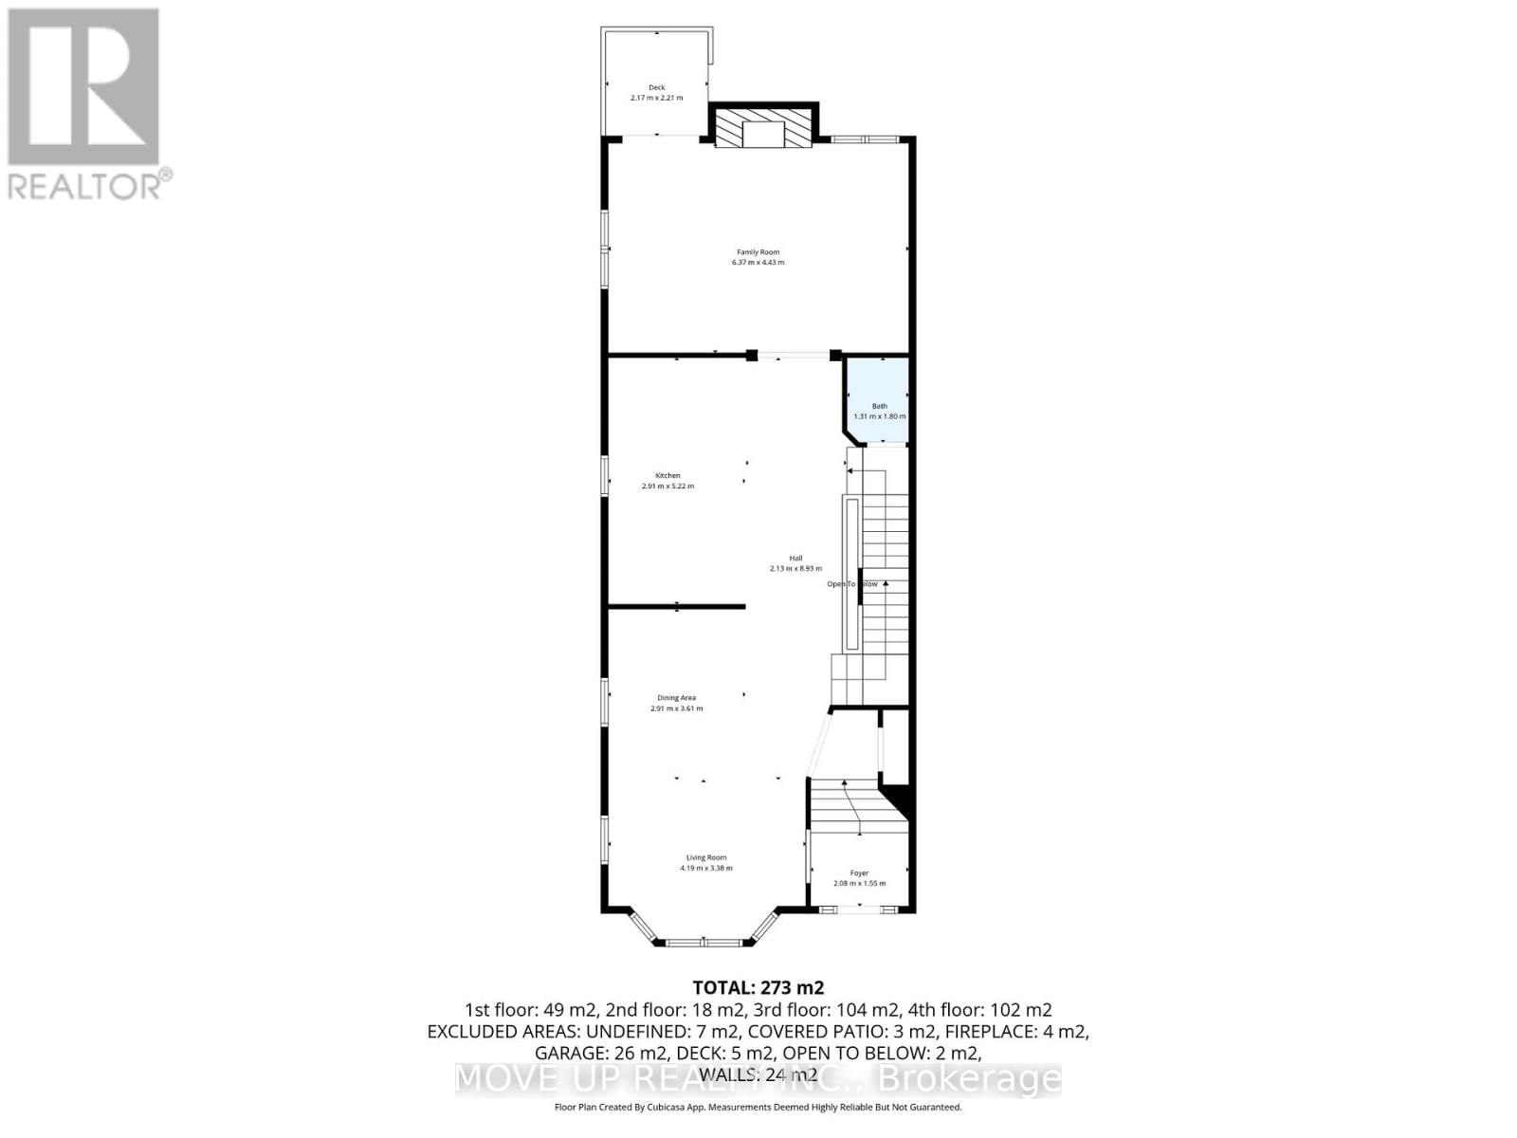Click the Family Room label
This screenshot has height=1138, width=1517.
[x=758, y=252]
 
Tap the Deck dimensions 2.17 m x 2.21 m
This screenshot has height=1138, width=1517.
[x=656, y=98]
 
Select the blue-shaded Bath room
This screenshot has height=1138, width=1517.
[x=879, y=398]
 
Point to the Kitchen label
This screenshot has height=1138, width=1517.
[x=667, y=475]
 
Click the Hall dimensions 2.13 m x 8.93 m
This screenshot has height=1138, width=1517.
[x=795, y=569]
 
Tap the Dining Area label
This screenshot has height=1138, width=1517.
[x=676, y=698]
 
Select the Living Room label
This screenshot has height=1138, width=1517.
[x=706, y=857]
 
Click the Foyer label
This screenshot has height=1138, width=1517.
[x=859, y=872]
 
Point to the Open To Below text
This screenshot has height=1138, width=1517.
[x=852, y=584]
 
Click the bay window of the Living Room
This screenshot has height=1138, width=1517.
[x=704, y=943]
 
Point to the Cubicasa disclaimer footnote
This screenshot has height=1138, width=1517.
[x=758, y=1107]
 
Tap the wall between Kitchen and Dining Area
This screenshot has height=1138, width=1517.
[x=677, y=606]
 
